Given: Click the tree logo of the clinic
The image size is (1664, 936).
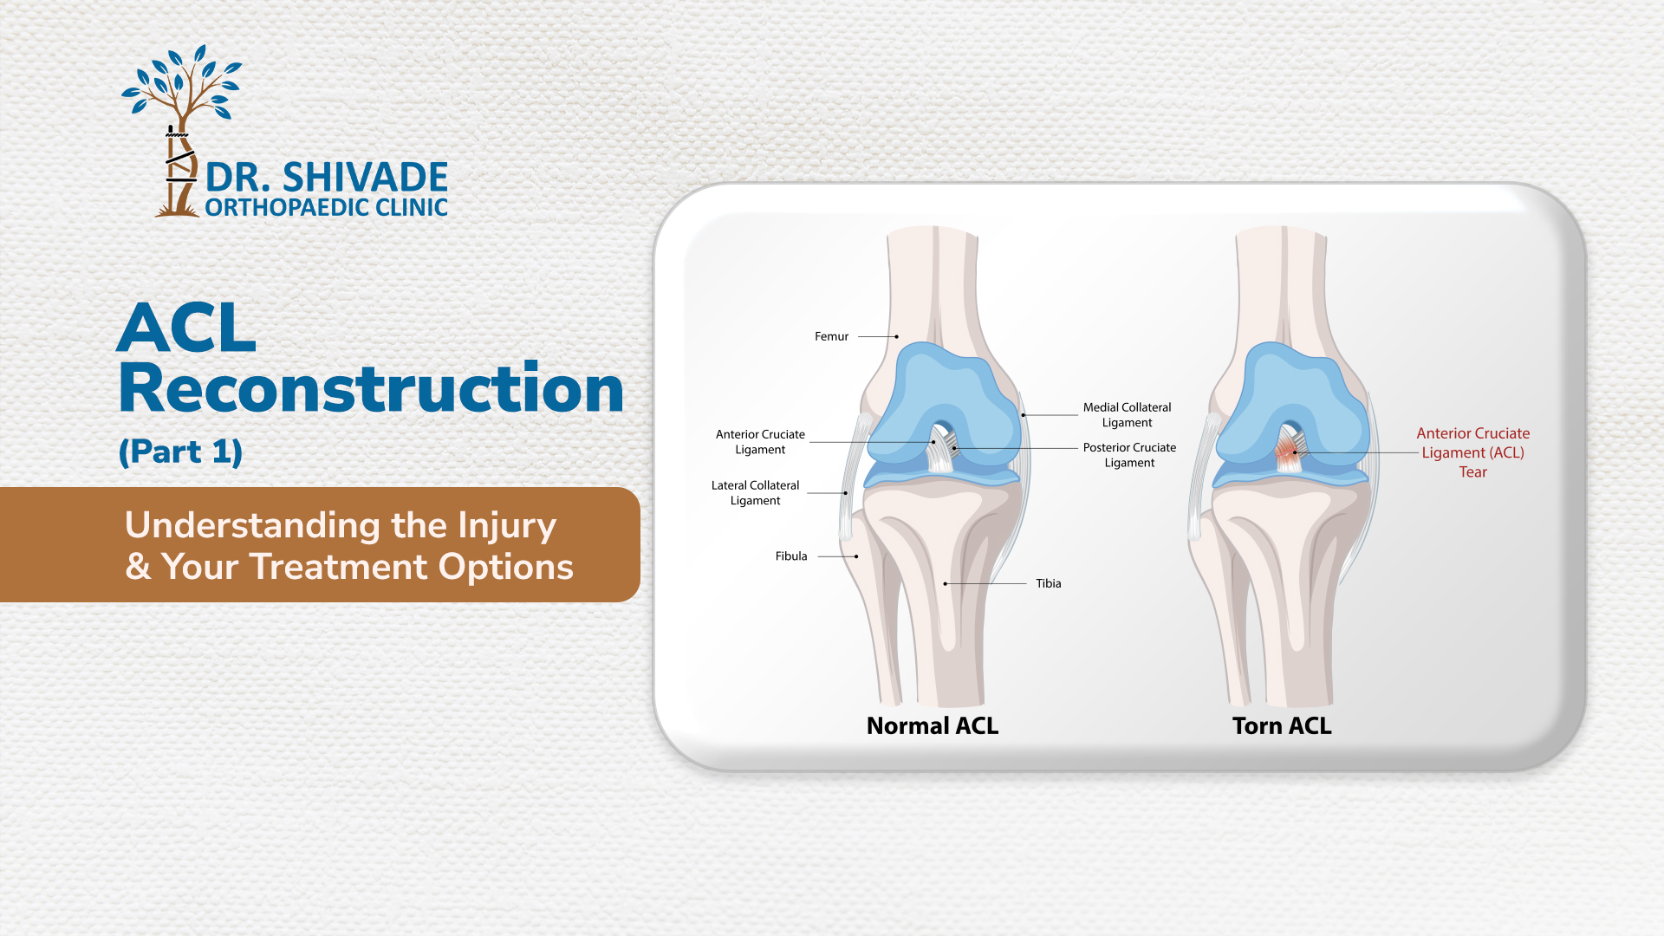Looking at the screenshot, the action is [x=181, y=130].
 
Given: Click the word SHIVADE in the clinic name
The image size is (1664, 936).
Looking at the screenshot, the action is [x=365, y=178].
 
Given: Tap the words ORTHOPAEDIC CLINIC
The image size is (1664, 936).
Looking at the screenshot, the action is [x=326, y=207].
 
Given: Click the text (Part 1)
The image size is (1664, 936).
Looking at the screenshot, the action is [x=180, y=452].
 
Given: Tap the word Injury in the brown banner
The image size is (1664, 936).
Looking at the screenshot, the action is [x=507, y=526].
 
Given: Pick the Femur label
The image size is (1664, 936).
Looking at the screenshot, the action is [x=831, y=336].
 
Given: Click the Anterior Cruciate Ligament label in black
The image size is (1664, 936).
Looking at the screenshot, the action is [x=760, y=442].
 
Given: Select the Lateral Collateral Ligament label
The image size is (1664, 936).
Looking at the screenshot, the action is [x=756, y=493].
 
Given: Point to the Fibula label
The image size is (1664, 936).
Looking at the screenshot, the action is [x=791, y=556].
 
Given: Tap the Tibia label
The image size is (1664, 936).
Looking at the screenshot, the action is [x=1049, y=583].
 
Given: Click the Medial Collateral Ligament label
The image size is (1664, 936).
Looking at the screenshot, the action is [x=1127, y=415].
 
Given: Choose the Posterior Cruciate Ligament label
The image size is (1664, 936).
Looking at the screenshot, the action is [x=1129, y=455].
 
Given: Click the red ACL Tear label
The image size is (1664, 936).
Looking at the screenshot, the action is [x=1473, y=452].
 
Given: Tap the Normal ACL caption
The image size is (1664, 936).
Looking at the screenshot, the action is [x=933, y=726].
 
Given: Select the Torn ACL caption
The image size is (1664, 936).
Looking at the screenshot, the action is [x=1282, y=726].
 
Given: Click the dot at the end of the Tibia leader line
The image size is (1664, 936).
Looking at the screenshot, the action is [x=946, y=584].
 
